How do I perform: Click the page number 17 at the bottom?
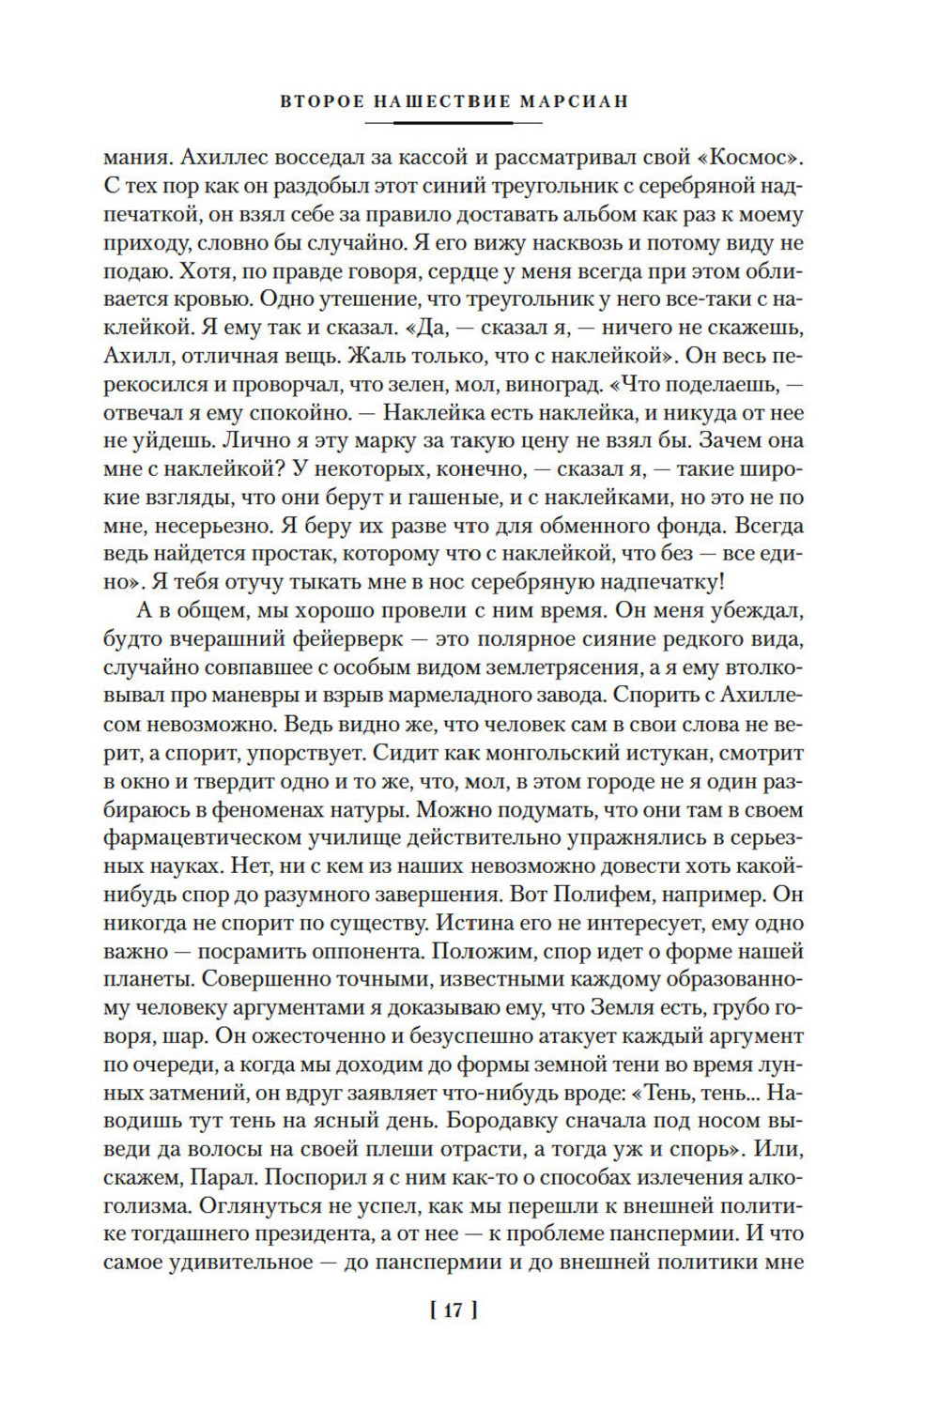[x=453, y=1310]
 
